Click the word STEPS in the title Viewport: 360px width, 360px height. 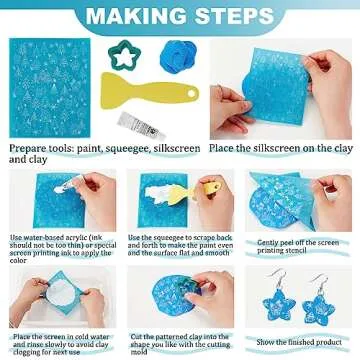tap(233, 16)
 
